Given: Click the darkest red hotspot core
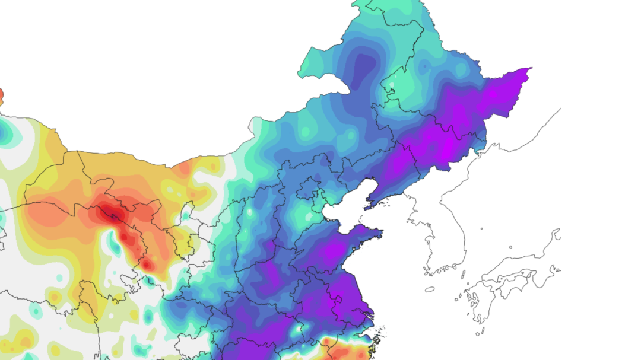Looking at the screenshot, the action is click(112, 212).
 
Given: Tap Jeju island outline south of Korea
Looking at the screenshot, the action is click(430, 289).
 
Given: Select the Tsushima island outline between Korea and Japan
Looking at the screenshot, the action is click(463, 273).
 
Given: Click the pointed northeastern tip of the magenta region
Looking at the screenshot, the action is click(528, 69).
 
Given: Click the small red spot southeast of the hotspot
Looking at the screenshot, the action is click(146, 263).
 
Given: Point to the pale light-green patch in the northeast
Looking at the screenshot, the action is click(404, 83).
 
